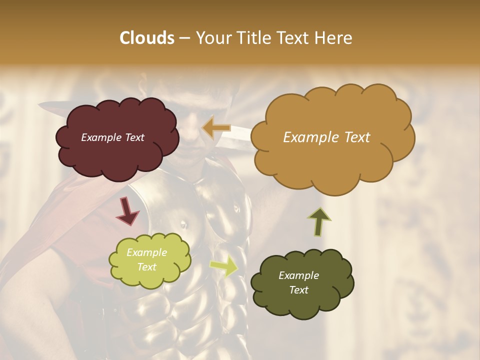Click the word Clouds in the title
pos(146,38)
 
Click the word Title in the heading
pos(250,38)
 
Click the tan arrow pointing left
pos(216,128)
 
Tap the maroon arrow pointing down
pos(127,211)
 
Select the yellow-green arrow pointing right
pos(223,266)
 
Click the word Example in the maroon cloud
pos(100,137)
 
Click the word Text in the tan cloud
pos(354,137)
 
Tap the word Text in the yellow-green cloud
pos(147,267)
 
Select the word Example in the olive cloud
pos(298,275)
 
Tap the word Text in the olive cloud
pos(298,290)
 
